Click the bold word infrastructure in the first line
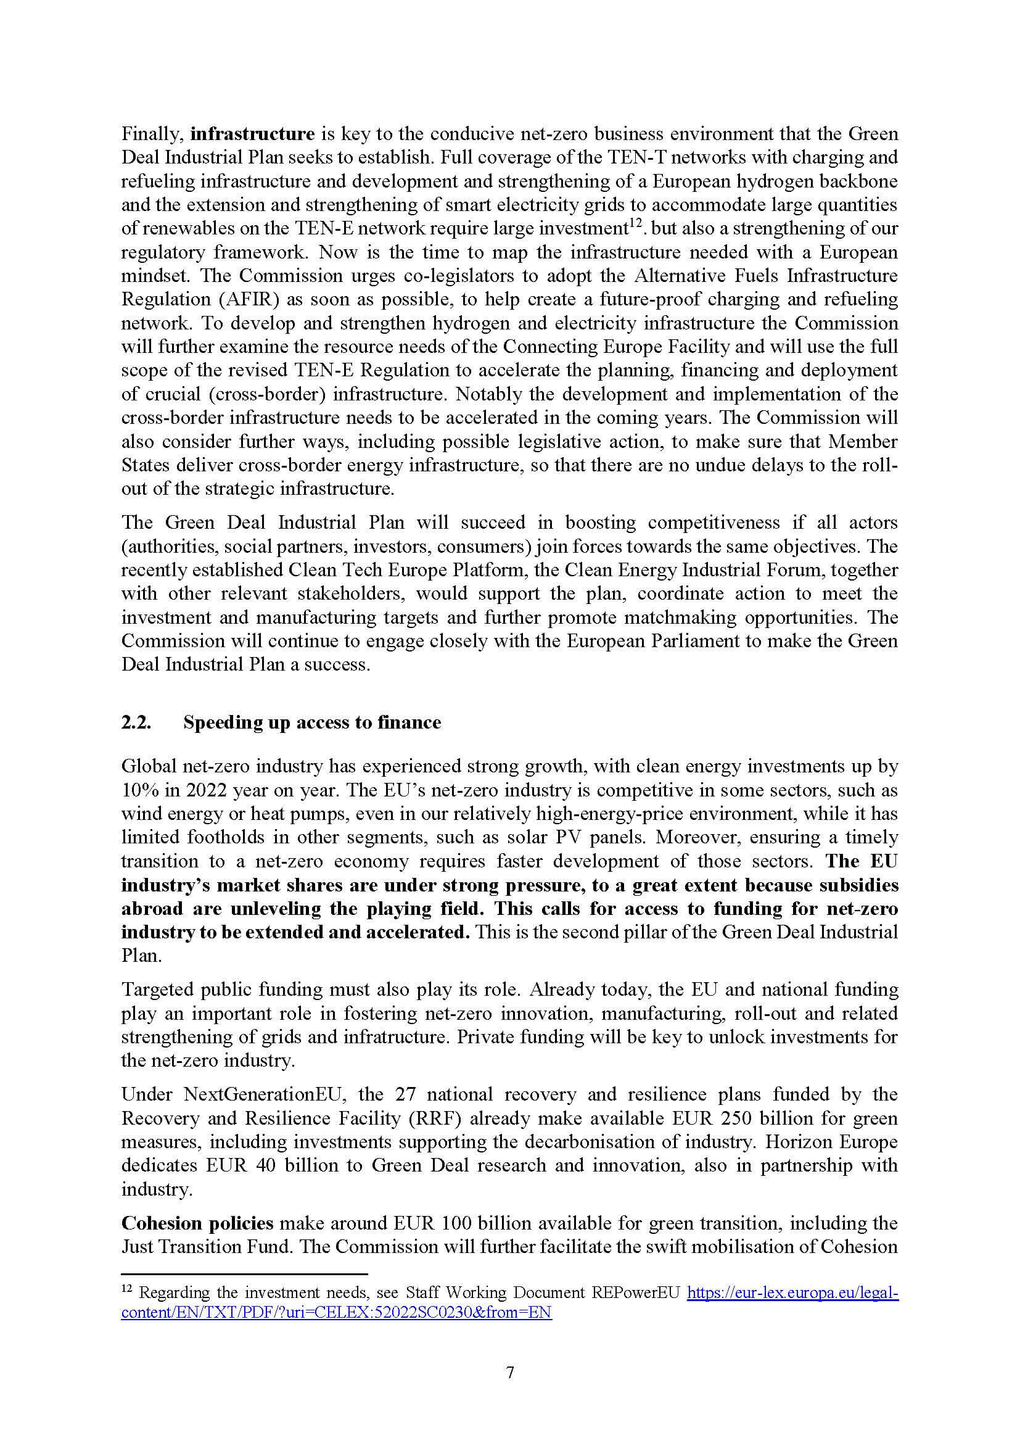click(x=252, y=134)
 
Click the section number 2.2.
click(x=136, y=723)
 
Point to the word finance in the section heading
click(x=409, y=723)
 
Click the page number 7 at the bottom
click(x=510, y=1373)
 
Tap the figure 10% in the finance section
click(x=138, y=790)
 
